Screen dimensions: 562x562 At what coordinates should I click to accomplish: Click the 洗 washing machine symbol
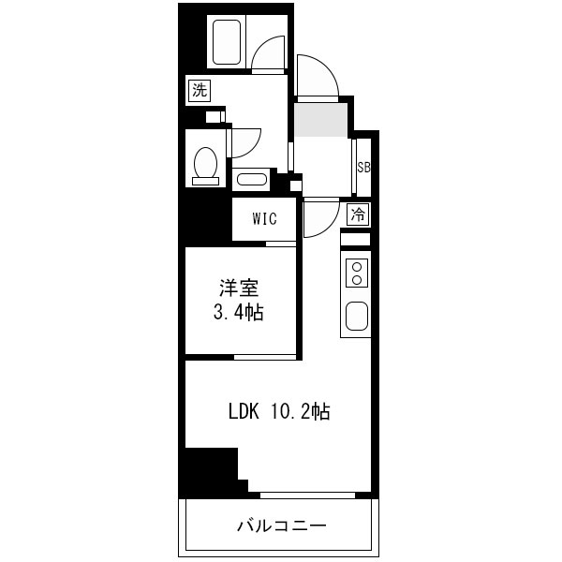point(200,90)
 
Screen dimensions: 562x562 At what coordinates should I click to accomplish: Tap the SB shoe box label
point(363,168)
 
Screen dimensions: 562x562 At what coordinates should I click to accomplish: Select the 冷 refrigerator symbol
point(358,214)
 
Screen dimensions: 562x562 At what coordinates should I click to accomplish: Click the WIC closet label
point(264,218)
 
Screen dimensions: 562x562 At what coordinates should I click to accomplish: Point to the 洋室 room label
point(239,288)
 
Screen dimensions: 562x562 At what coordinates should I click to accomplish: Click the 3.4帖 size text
point(239,313)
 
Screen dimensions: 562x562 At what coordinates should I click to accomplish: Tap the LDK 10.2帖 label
point(279,411)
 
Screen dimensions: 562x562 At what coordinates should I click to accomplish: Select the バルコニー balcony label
point(282,526)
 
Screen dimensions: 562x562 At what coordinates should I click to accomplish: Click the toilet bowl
point(206,166)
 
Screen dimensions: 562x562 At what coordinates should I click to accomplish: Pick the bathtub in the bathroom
point(227,42)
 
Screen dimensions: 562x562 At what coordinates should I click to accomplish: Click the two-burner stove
point(357,273)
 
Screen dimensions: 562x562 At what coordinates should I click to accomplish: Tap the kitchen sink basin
point(357,317)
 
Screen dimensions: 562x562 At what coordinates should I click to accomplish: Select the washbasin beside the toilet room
point(252,180)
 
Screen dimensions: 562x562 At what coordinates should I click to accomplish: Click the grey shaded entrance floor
point(320,120)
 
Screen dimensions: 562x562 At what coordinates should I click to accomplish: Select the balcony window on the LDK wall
point(307,495)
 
